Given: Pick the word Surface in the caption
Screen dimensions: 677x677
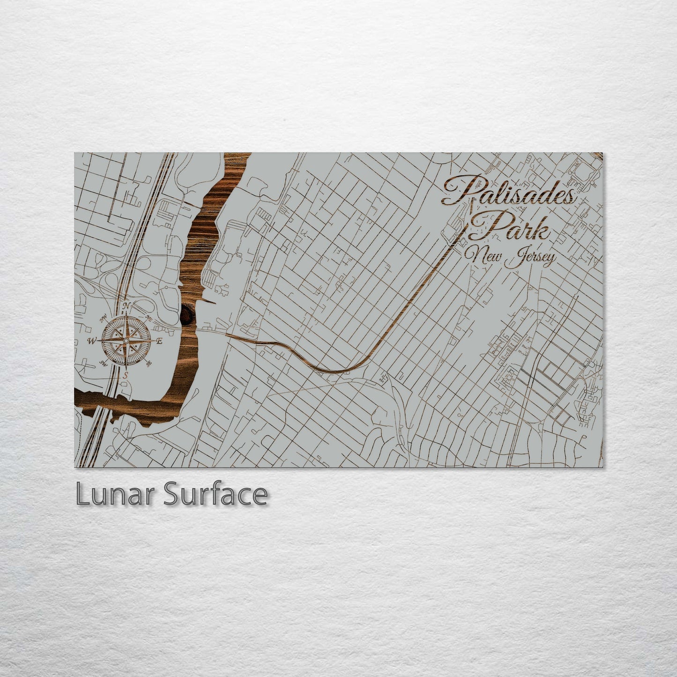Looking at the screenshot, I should [215, 494].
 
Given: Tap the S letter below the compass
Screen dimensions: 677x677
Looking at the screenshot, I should [126, 375].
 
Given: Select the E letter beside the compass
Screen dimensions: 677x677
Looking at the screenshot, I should [159, 341].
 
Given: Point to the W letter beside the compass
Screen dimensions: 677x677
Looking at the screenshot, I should [92, 341].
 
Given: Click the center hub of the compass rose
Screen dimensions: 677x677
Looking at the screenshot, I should [126, 341].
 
